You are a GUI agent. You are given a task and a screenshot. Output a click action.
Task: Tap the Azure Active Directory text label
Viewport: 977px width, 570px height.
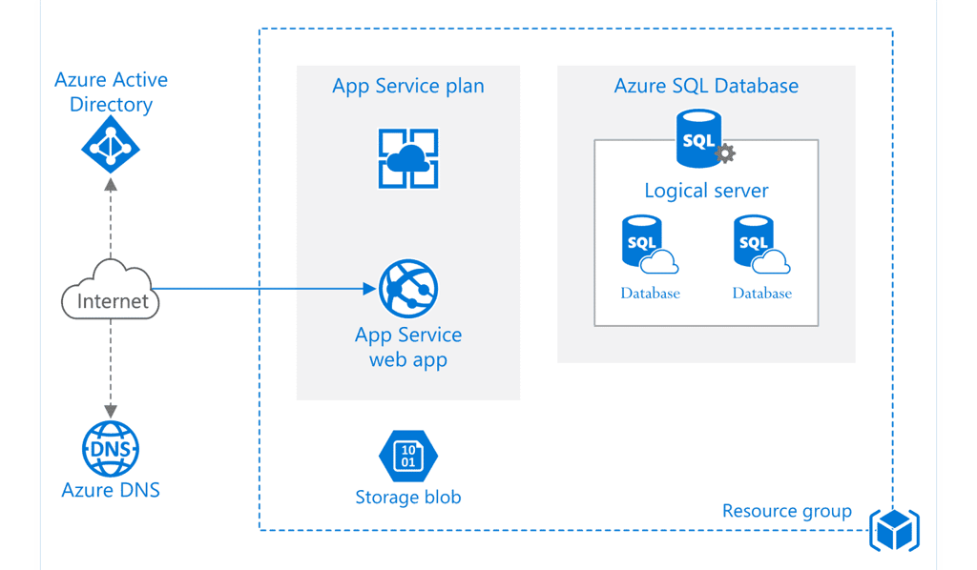[111, 92]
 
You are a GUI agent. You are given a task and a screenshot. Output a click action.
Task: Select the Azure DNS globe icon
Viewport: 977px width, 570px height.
[111, 447]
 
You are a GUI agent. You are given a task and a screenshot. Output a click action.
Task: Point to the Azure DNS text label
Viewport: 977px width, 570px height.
[111, 491]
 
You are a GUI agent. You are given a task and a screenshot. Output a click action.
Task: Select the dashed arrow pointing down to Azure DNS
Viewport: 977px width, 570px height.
[111, 367]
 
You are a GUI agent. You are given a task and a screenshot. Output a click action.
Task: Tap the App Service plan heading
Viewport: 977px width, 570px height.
[407, 86]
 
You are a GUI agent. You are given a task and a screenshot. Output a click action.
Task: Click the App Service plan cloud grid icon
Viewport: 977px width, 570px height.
[408, 157]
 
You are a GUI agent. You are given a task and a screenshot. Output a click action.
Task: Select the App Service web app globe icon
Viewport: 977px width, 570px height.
[408, 288]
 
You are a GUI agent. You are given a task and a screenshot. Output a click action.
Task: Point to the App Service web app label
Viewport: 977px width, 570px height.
[408, 347]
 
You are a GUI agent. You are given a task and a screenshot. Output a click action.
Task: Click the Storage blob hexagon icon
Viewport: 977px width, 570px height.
[407, 456]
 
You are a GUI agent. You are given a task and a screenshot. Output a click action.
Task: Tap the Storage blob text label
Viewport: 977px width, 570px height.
[407, 497]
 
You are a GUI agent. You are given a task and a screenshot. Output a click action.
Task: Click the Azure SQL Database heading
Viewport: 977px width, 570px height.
[706, 86]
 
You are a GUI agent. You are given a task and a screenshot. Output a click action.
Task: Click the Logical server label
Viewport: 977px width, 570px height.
[706, 191]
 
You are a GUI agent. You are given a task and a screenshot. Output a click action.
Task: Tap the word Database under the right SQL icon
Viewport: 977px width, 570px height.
[761, 294]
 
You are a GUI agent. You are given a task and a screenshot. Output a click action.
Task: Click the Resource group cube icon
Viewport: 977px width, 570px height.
[894, 529]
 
